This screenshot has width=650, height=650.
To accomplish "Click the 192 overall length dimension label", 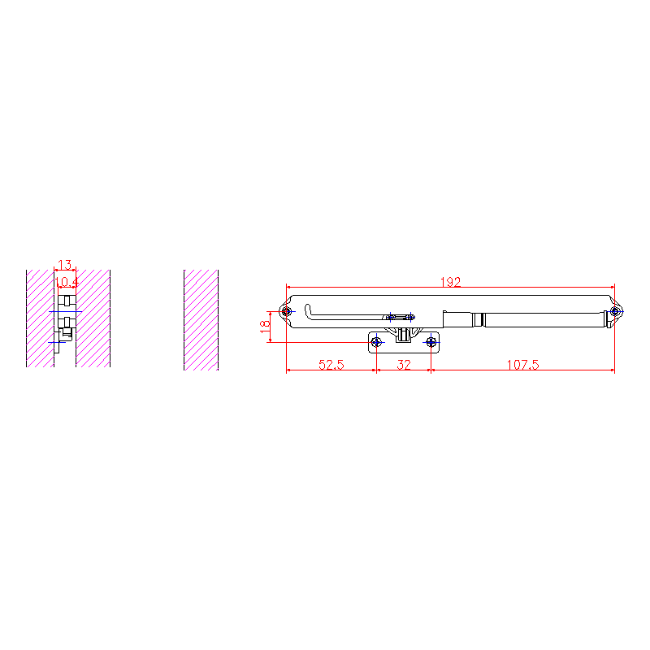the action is [450, 282].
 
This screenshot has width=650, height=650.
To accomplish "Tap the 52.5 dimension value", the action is [331, 365].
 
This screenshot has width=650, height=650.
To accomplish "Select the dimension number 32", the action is [404, 365].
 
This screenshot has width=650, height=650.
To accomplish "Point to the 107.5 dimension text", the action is [522, 365].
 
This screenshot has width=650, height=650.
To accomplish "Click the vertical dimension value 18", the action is [265, 327].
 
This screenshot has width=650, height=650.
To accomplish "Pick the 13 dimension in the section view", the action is [65, 264].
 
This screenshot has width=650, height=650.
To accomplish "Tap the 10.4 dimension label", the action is [67, 282].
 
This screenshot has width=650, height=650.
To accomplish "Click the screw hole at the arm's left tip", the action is [287, 311].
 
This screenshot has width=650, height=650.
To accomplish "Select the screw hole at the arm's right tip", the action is [615, 311].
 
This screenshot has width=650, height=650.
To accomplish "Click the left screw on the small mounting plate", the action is [376, 342].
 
